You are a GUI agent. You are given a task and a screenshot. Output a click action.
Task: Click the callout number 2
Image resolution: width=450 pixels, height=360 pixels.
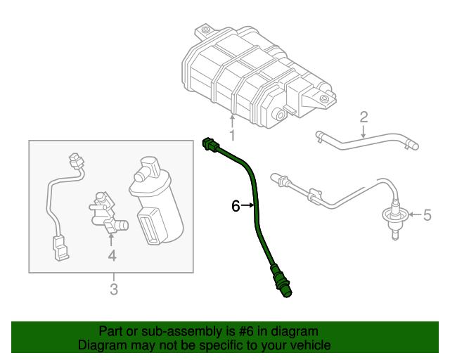pos(364,116)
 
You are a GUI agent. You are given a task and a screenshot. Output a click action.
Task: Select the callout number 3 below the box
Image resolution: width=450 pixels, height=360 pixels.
pos(112,288)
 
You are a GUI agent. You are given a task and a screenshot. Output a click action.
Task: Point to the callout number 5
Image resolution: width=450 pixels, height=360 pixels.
pos(426,214)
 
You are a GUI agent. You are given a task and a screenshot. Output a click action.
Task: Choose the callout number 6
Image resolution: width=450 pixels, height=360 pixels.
pos(236,205)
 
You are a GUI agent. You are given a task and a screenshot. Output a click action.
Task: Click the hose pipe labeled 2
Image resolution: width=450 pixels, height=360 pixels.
pos(366,141)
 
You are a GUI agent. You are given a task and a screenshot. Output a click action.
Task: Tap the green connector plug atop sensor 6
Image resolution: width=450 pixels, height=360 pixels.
pos(209,145)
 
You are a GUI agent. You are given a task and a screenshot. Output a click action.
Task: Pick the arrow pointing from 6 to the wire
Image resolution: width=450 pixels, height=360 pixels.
pos(247,205)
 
